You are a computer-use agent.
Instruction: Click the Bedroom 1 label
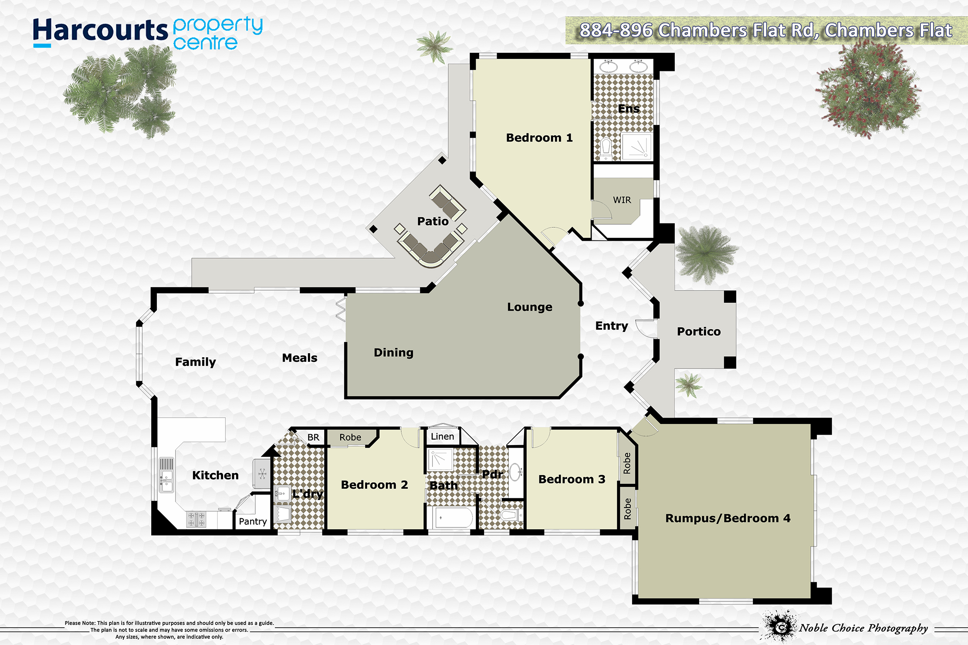point(539,138)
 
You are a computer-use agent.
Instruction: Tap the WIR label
point(622,200)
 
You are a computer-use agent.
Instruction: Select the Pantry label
point(253,521)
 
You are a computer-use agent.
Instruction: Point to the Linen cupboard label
point(442,436)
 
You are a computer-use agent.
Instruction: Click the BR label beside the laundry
point(313,437)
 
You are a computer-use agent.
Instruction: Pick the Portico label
point(699,331)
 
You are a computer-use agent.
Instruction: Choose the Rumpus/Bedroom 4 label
point(728,518)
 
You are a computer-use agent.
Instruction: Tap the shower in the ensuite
point(637,147)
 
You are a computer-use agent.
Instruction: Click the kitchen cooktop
point(196,519)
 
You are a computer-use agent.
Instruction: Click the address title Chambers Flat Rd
point(765,30)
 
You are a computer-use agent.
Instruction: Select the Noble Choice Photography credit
point(863,628)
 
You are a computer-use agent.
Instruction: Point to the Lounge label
point(529,307)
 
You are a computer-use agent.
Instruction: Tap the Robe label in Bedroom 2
point(350,437)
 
